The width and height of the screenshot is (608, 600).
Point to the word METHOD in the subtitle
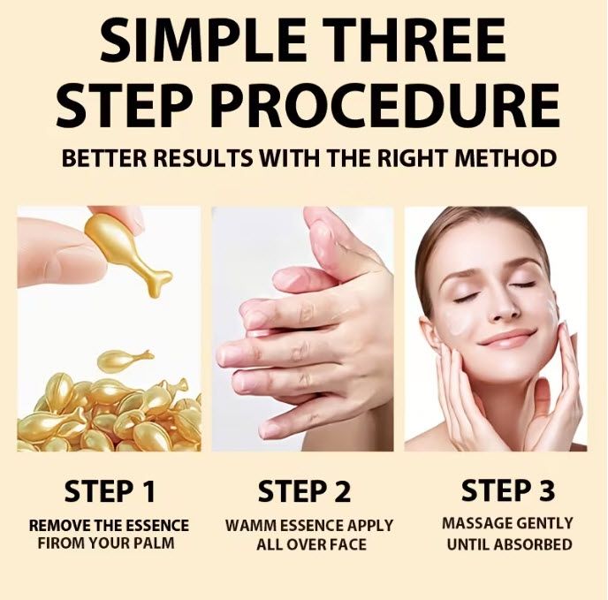click(x=505, y=158)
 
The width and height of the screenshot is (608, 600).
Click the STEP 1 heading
click(x=110, y=491)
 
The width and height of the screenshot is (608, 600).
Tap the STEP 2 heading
click(x=304, y=491)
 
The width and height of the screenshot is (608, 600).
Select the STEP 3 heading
click(x=508, y=490)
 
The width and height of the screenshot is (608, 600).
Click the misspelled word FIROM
click(x=60, y=543)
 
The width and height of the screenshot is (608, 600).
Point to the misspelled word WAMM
click(x=250, y=526)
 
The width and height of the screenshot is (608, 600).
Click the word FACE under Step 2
click(x=348, y=544)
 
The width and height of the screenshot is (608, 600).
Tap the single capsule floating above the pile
click(x=125, y=359)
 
